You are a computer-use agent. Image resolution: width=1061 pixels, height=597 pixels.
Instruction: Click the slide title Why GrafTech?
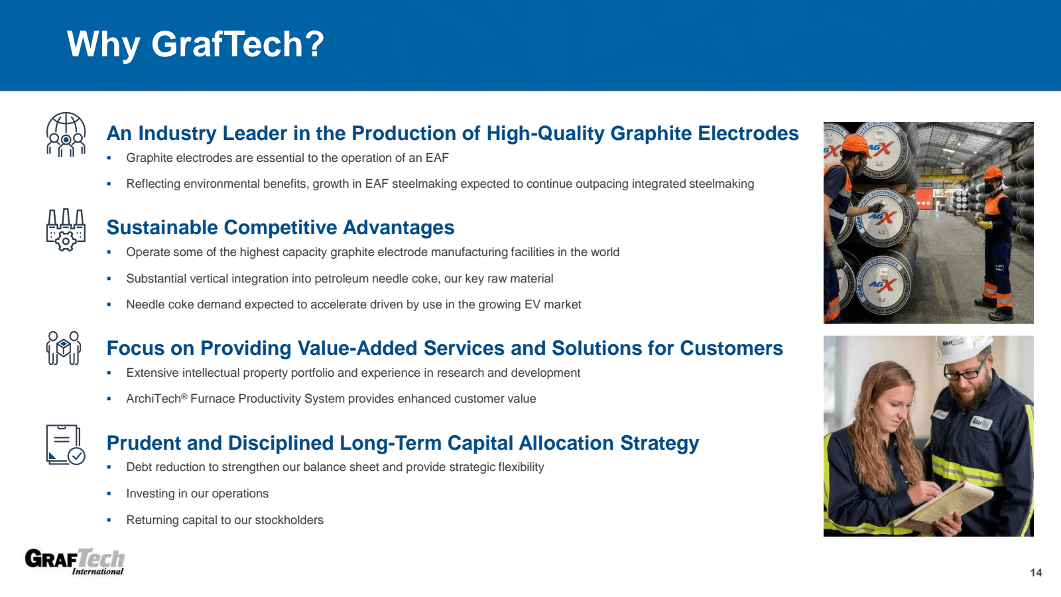[x=196, y=44]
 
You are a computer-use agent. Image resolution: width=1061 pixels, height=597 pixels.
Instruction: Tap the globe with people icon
[x=66, y=135]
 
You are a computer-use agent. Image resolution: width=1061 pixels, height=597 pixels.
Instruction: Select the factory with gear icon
[x=66, y=230]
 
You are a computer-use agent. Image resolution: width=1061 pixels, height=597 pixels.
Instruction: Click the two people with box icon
[x=64, y=348]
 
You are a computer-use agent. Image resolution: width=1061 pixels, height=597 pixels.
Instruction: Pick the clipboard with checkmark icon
[x=65, y=444]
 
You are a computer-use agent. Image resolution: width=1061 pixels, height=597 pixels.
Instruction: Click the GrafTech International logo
[x=74, y=561]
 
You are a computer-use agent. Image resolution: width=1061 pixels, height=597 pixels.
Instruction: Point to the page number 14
[x=1036, y=572]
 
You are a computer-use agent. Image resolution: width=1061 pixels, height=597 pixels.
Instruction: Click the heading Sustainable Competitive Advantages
[x=281, y=228]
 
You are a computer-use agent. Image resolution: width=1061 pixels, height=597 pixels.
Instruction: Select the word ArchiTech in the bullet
[x=153, y=399]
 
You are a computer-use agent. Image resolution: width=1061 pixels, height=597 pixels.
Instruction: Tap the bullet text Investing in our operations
[x=197, y=494]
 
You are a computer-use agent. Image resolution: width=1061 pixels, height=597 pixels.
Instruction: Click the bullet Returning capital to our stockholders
[x=225, y=520]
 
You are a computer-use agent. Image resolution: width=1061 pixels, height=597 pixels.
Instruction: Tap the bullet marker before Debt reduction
[x=109, y=468]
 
